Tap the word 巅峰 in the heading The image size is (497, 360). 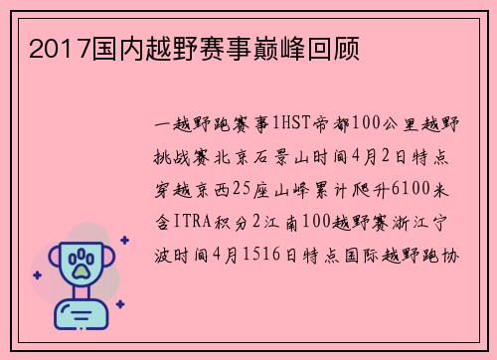(260, 47)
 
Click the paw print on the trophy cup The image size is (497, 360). (83, 263)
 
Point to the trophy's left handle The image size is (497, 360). (56, 261)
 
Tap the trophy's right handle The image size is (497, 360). (109, 261)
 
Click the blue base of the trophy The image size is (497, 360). (83, 315)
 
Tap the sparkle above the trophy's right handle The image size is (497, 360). (124, 240)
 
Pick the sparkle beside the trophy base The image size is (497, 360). (119, 303)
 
